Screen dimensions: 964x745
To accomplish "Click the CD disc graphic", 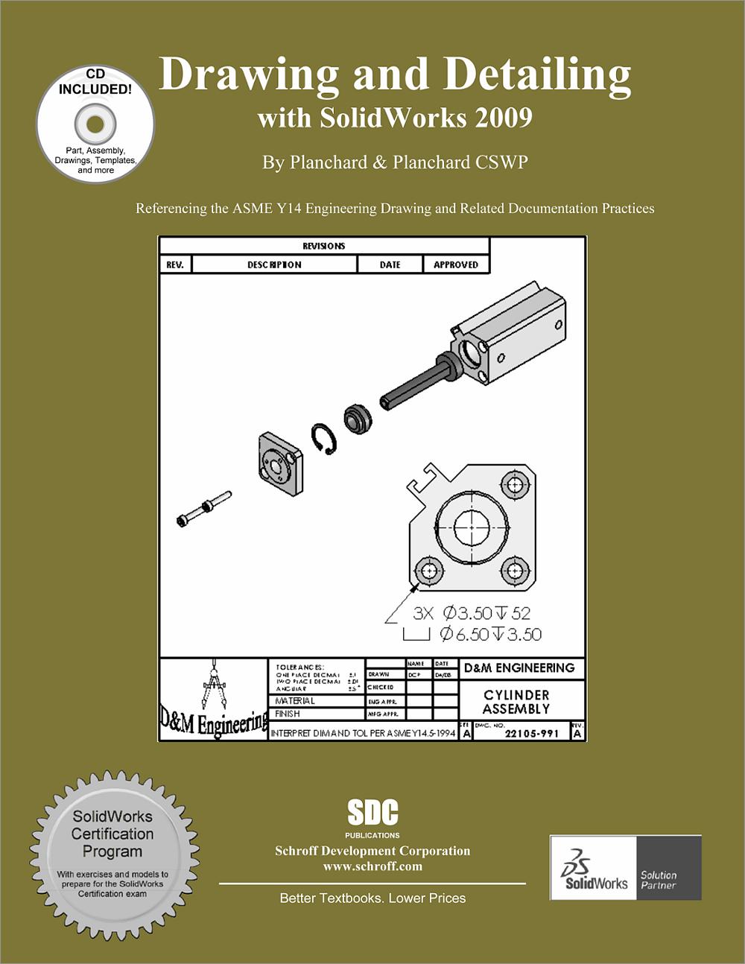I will click(x=95, y=124).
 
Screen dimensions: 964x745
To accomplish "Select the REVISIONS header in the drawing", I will click(x=324, y=246).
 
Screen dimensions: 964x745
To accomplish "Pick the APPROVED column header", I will click(x=456, y=264).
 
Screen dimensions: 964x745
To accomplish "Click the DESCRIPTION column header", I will click(x=274, y=264).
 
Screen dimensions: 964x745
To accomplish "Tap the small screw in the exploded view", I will click(x=203, y=509).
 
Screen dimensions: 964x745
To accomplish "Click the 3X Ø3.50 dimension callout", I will click(x=472, y=613).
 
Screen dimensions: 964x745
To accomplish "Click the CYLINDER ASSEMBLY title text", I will click(x=516, y=702).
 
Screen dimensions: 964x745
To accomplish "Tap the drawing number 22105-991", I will click(x=531, y=733).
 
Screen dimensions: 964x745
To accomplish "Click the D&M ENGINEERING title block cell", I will click(x=519, y=668).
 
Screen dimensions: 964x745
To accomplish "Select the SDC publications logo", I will click(x=372, y=814).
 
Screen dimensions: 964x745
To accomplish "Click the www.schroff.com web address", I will click(x=372, y=866).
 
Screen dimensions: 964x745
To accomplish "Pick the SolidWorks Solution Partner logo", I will click(x=626, y=867).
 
